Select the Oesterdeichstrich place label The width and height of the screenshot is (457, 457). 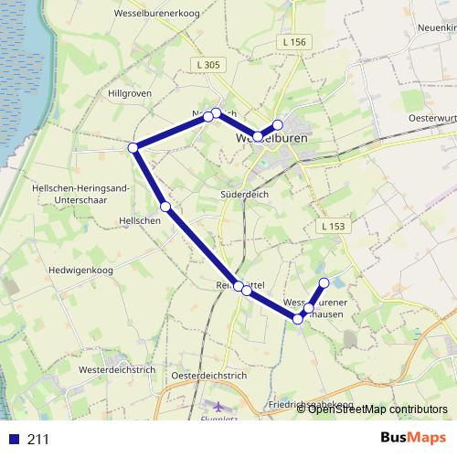210,376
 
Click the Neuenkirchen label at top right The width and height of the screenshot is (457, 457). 436,28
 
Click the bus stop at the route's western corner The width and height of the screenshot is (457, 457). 133,147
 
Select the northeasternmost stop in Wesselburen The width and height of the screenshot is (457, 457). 278,124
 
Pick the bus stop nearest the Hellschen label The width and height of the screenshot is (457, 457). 165,207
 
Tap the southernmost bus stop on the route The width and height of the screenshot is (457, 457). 297,318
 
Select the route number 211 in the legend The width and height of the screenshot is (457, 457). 38,439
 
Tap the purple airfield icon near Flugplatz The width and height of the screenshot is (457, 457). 218,405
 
